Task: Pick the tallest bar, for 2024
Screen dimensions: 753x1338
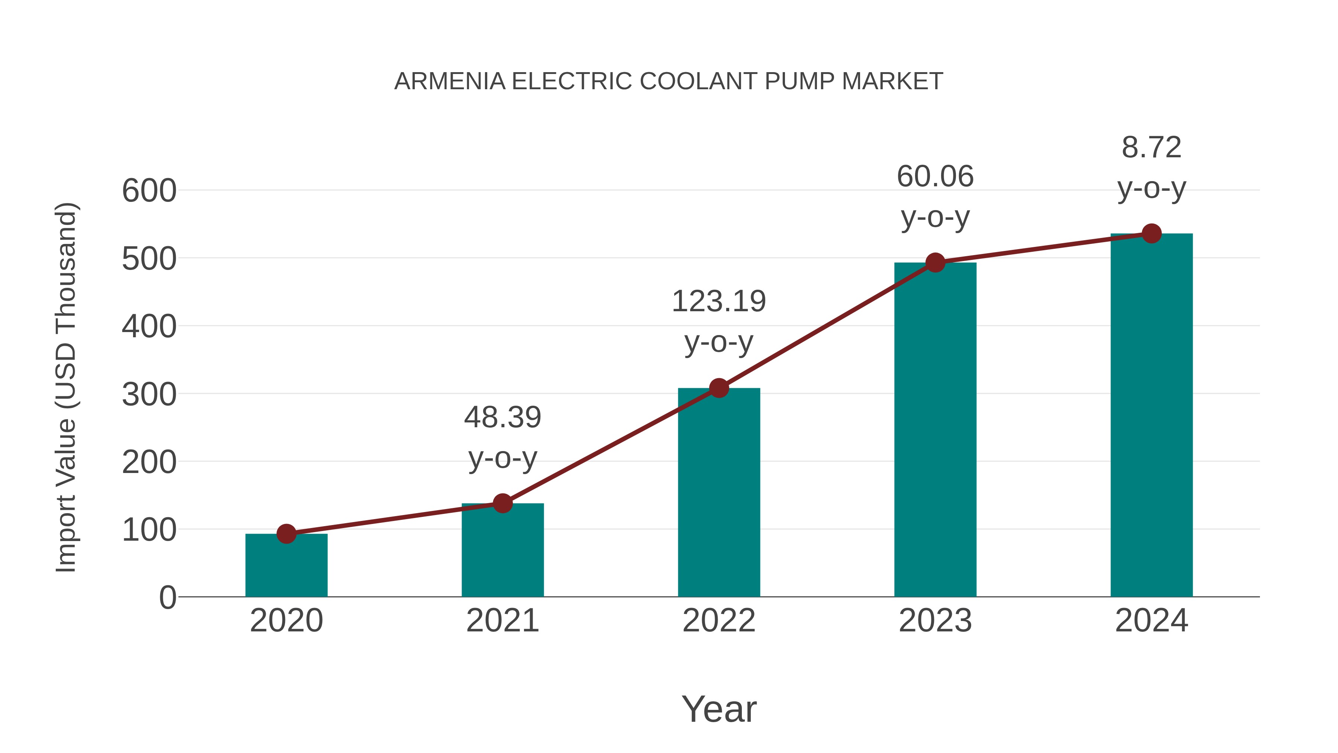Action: tap(1151, 415)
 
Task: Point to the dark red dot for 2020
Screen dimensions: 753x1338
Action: tap(286, 534)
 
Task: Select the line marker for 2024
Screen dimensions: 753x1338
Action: tap(1151, 234)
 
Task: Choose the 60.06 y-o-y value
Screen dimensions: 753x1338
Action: tap(935, 176)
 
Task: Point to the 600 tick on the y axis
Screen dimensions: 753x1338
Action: tap(149, 191)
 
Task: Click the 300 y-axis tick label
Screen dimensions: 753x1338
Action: tap(149, 395)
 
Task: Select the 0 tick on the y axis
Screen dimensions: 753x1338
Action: tap(167, 598)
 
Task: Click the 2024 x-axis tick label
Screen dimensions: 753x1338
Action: tap(1151, 621)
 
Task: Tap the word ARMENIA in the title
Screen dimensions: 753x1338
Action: tap(450, 81)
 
